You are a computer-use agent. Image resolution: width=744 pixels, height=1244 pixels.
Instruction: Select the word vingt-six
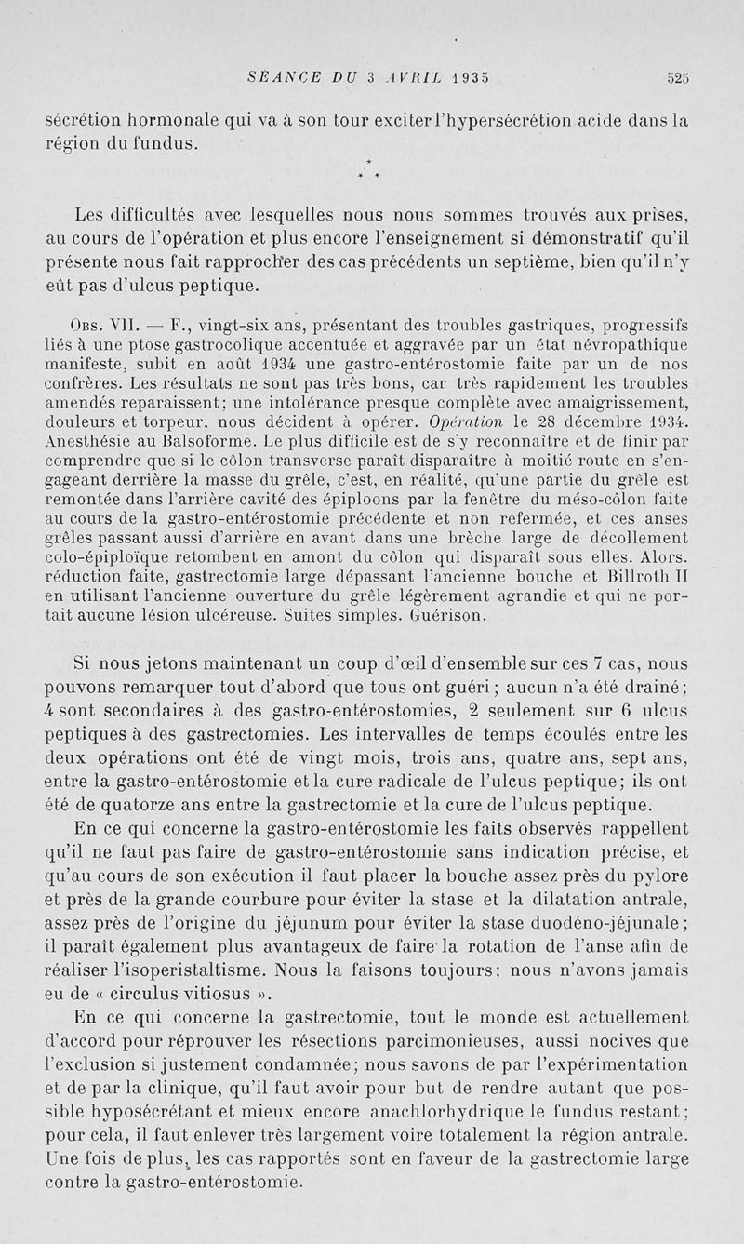(230, 326)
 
